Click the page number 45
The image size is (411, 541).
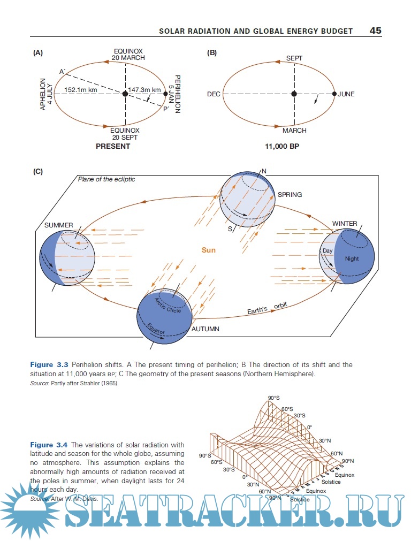(x=375, y=31)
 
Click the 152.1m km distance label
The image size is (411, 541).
(x=80, y=90)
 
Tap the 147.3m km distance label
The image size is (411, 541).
(x=144, y=90)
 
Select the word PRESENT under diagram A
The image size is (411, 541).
(x=113, y=146)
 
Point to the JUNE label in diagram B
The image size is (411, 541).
(x=346, y=94)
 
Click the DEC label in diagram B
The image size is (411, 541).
(x=214, y=94)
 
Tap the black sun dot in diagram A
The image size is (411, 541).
(x=125, y=94)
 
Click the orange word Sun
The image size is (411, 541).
(x=209, y=250)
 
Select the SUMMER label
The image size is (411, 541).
(x=59, y=225)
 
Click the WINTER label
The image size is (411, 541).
(x=345, y=224)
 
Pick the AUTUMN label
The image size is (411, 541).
(x=205, y=329)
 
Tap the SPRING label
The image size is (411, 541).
(x=290, y=195)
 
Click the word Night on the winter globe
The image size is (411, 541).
(x=352, y=259)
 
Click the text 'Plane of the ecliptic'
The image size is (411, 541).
(x=106, y=179)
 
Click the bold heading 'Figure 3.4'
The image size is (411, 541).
(x=49, y=445)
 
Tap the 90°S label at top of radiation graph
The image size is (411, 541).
(x=273, y=398)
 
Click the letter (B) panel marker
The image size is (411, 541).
(x=212, y=52)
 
